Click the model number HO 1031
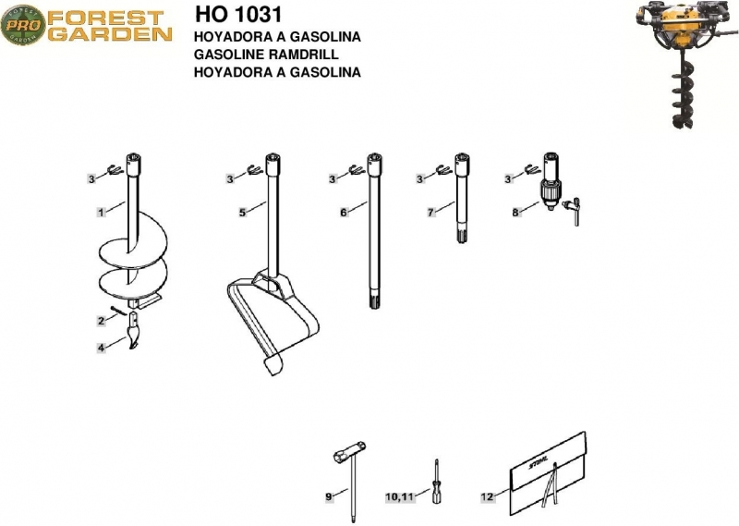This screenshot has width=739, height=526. (x=238, y=14)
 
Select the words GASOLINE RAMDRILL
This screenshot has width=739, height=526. (x=266, y=55)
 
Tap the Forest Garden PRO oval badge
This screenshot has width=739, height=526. (x=23, y=25)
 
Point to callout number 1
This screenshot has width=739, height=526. (x=101, y=213)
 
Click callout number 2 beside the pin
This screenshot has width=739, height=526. (x=102, y=322)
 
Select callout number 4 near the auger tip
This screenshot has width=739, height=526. (x=102, y=349)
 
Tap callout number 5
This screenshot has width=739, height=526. (x=242, y=213)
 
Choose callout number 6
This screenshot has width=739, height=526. (x=344, y=213)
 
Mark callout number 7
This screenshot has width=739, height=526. (x=430, y=213)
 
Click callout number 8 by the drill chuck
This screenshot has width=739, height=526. (x=515, y=213)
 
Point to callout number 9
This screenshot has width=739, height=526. (x=329, y=496)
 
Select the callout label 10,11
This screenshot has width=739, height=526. (x=400, y=496)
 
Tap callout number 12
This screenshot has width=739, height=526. (x=488, y=496)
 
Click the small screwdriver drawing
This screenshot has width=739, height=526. (x=436, y=483)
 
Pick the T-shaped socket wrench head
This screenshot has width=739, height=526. (x=350, y=451)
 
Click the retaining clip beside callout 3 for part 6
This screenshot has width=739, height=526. (x=357, y=170)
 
